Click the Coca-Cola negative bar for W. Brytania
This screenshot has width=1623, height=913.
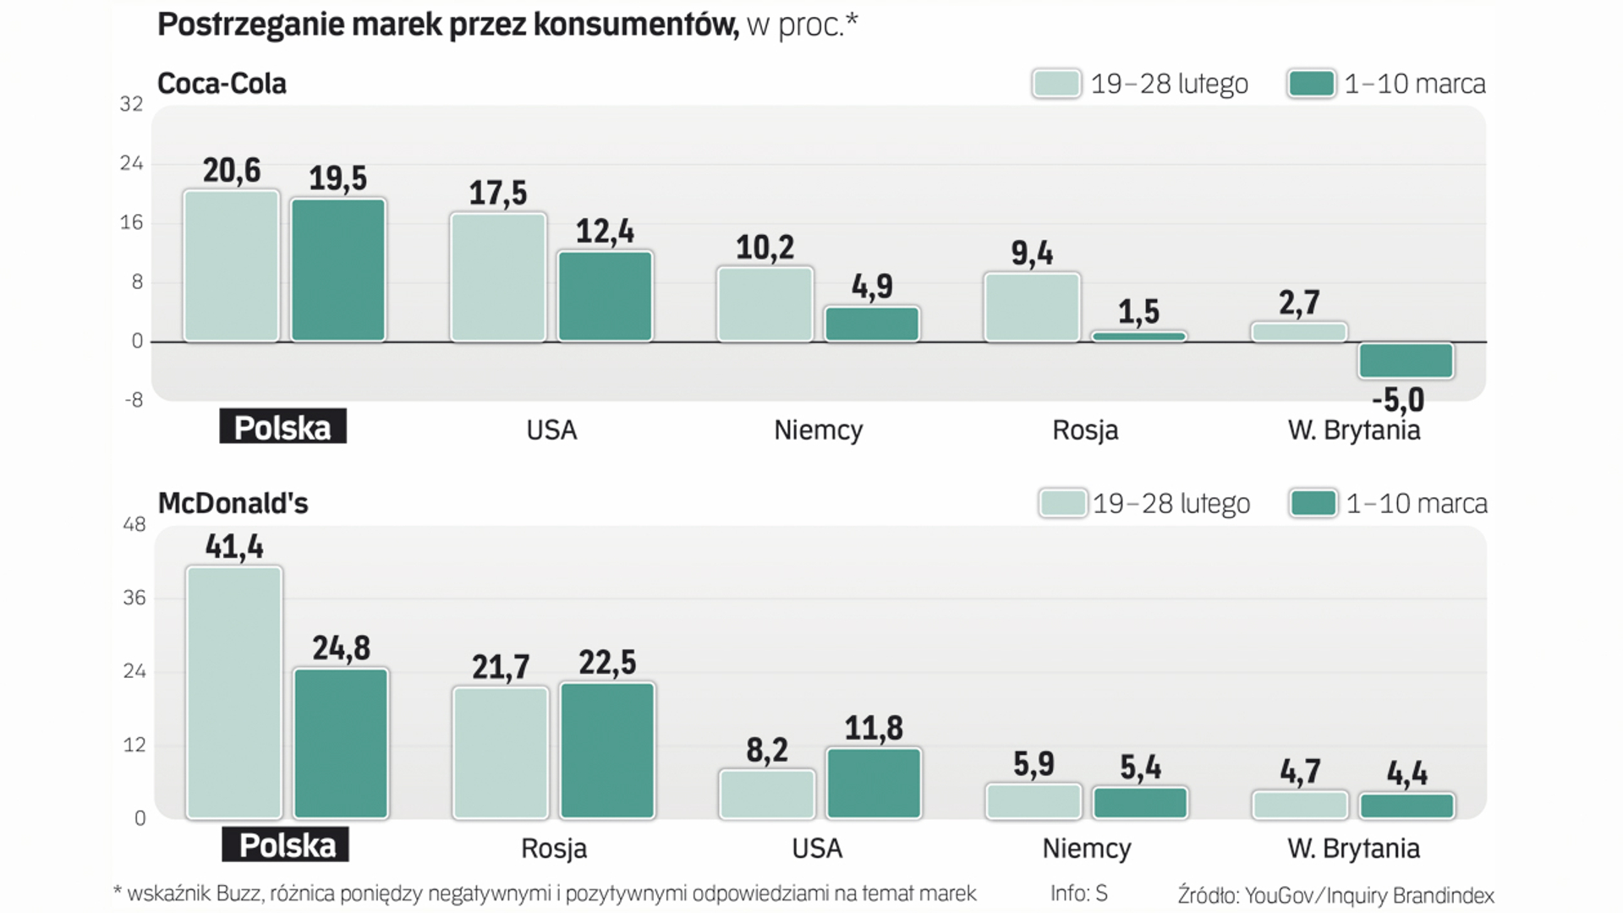click(x=1406, y=360)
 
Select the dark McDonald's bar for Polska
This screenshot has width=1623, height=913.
click(x=341, y=743)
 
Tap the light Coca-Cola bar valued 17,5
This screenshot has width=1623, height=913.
click(x=498, y=277)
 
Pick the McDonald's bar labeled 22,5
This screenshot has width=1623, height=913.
click(x=607, y=750)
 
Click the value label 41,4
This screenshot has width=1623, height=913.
click(x=234, y=547)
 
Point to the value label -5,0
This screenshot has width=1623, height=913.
click(x=1398, y=400)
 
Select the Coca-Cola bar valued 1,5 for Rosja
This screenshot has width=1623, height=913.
click(x=1138, y=336)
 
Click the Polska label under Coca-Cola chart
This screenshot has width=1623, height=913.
click(x=282, y=428)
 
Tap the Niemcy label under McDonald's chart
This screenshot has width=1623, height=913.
click(x=1086, y=848)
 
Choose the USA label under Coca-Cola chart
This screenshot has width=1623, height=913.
click(x=551, y=430)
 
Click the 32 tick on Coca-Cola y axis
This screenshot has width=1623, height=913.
click(x=131, y=104)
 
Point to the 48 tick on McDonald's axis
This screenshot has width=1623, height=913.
click(x=134, y=524)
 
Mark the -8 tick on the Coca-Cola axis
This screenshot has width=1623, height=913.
click(x=134, y=400)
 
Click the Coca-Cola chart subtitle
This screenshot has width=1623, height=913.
click(x=222, y=84)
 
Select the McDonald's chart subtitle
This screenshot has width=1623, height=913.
click(x=233, y=504)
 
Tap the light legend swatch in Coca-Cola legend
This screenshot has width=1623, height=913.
click(x=1056, y=84)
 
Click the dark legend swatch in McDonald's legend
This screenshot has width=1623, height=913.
click(x=1313, y=504)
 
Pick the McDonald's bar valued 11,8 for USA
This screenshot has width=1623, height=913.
click(x=874, y=783)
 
